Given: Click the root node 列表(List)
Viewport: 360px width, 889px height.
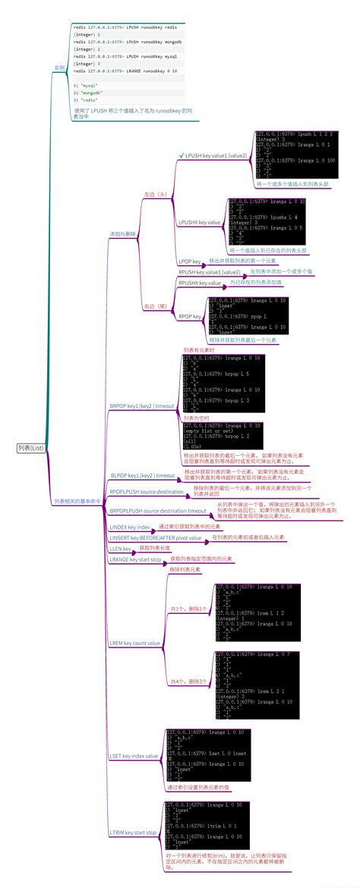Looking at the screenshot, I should point(31,448).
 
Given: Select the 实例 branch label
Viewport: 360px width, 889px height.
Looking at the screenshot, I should point(58,68).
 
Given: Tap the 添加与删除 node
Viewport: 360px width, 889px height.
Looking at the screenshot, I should point(122,235).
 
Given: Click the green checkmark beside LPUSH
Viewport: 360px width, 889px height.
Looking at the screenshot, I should point(181,155).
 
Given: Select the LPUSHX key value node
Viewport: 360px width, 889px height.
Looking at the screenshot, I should point(199,223).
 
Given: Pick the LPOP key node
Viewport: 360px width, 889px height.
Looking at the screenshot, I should point(189,261).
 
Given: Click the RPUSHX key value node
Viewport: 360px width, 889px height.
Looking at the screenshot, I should point(199,282).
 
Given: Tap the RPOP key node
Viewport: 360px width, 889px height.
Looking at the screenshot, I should point(189,316).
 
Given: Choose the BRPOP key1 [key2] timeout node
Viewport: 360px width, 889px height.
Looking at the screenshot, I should point(142,407).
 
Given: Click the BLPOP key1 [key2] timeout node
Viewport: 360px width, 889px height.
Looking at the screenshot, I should point(142,476).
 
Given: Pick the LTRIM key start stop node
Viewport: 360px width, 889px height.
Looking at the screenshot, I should point(133,833).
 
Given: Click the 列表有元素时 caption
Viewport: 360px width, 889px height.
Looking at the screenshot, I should point(200,350).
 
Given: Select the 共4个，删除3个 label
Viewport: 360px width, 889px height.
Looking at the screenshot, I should point(190,681).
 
